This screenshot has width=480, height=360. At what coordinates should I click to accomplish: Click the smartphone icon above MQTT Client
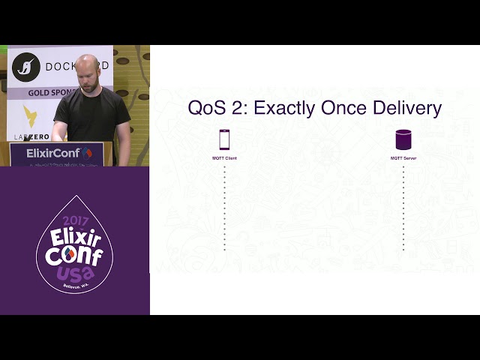224,139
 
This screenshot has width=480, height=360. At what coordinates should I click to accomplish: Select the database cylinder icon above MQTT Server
403,139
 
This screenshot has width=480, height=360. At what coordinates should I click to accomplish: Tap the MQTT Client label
224,158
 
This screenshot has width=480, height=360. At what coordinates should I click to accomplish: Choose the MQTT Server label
403,158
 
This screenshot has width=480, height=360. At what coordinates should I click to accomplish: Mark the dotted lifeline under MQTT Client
224,210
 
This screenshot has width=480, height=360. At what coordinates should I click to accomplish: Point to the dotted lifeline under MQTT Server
403,210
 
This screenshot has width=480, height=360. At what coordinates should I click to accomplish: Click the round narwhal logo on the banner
26,67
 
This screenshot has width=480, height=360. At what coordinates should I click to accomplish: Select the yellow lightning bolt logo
31,115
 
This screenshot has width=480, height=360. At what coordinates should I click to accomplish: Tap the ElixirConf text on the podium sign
52,153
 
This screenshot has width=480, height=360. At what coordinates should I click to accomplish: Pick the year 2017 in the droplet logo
75,220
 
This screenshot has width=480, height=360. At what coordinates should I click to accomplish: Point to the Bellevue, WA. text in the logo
76,286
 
